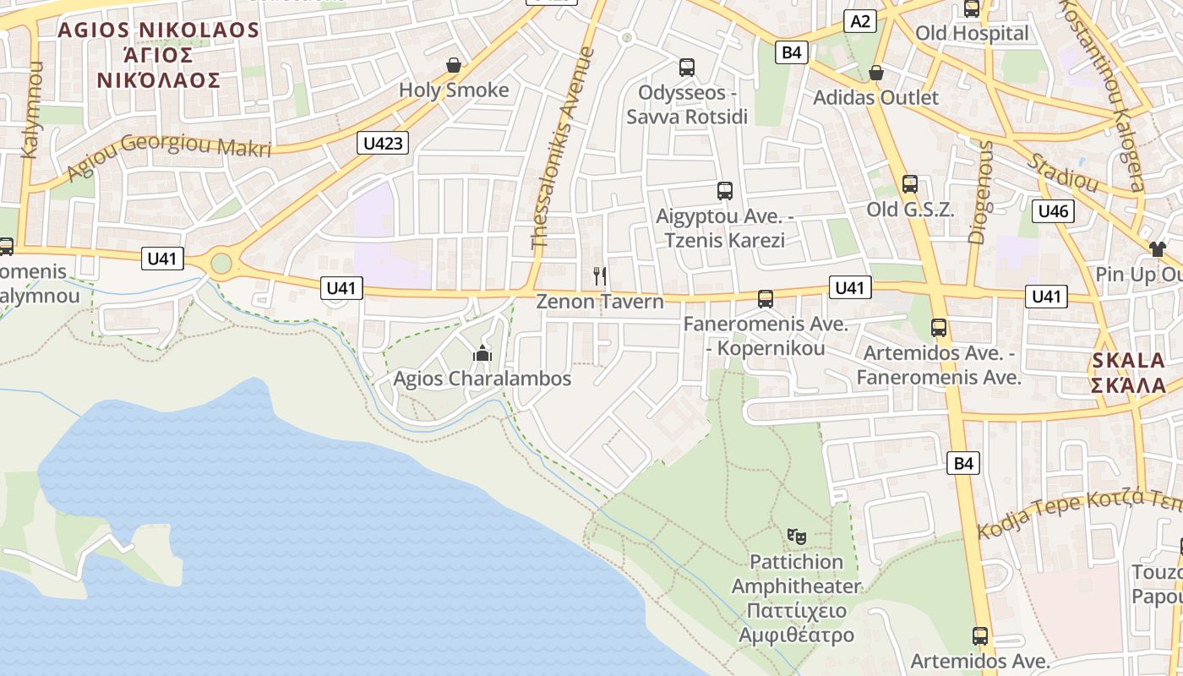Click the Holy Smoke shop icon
tap(454, 65)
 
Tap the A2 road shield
tap(860, 21)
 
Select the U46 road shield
tap(1053, 211)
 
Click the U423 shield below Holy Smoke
tap(383, 143)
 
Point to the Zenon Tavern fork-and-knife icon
tap(600, 275)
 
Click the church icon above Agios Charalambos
tap(482, 353)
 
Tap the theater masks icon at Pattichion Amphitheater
tap(796, 536)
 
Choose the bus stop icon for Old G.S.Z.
tap(910, 184)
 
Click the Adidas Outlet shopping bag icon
tap(876, 73)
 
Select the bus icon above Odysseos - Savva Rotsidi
tap(687, 68)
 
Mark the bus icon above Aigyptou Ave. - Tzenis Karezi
tap(725, 191)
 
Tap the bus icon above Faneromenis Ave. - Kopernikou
tap(766, 298)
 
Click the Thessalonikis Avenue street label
tap(564, 148)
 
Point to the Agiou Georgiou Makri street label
tap(169, 156)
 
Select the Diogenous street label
tap(982, 193)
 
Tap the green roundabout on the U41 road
tap(221, 264)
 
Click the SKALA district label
tap(1129, 360)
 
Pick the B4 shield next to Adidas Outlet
tap(791, 52)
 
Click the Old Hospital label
tap(972, 34)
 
